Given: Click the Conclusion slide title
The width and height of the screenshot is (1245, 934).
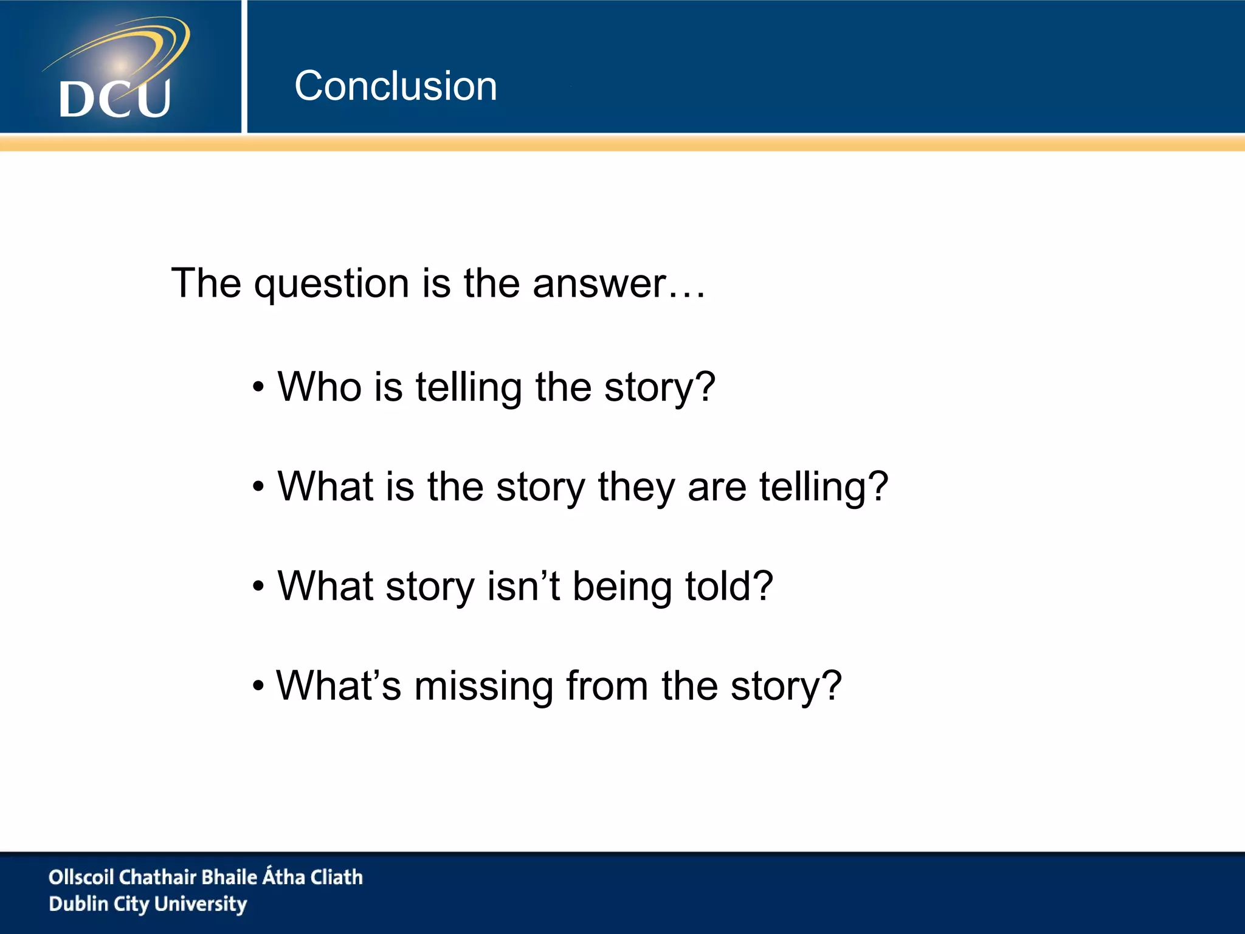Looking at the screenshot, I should coord(396,86).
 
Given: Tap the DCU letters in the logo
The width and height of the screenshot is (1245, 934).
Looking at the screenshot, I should coord(115,99).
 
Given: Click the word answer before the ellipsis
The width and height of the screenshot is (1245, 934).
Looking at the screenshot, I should coord(599,284).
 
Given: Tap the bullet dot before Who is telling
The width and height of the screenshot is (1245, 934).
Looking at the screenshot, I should coord(259,387).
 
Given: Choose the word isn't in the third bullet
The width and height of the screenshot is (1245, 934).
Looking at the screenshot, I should coord(523,586).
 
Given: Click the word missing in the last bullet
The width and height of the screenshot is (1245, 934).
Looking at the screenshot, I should coord(483,687).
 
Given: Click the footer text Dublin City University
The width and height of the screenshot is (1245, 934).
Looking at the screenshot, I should coord(148,904).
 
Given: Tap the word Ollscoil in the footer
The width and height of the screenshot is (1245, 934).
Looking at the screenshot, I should coord(81,877).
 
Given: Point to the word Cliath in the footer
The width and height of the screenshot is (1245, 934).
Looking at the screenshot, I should coord(337,877).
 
